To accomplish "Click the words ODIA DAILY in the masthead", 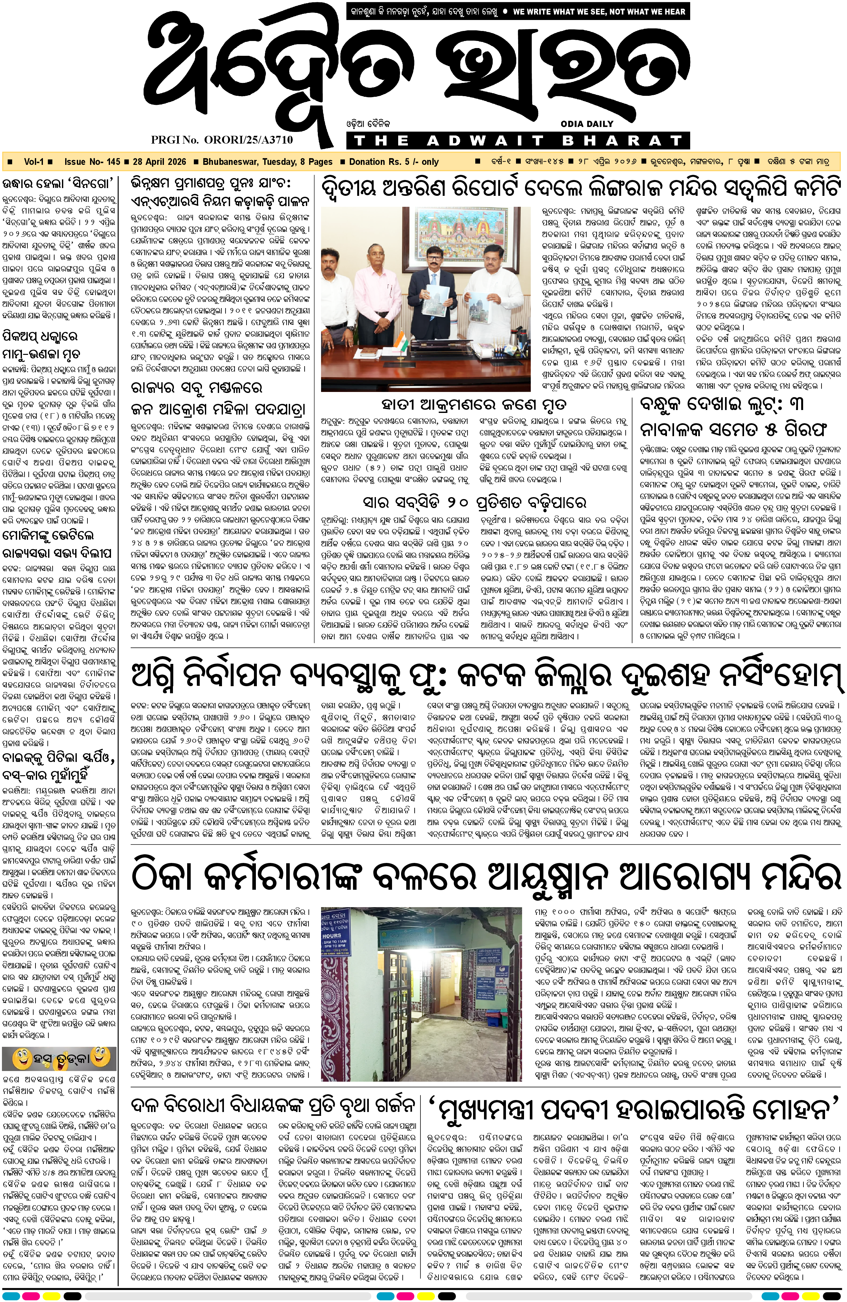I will [587, 124].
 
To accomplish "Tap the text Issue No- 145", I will [92, 162].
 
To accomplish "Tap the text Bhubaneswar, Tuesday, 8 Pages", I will [267, 162].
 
